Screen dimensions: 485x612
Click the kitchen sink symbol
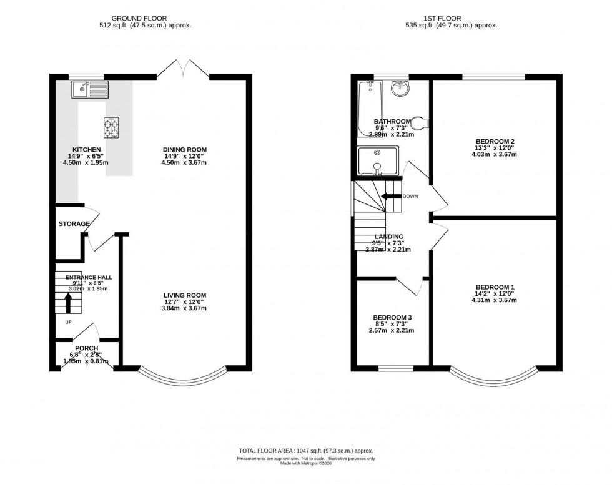click(x=89, y=90)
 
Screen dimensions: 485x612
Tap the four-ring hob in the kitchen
click(x=112, y=128)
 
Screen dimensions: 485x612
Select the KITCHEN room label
click(x=87, y=150)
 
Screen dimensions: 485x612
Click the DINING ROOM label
click(x=184, y=150)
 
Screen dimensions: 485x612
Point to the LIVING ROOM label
click(x=185, y=296)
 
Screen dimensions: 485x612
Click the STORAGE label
click(x=74, y=223)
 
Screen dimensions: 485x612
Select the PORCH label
click(x=87, y=348)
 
